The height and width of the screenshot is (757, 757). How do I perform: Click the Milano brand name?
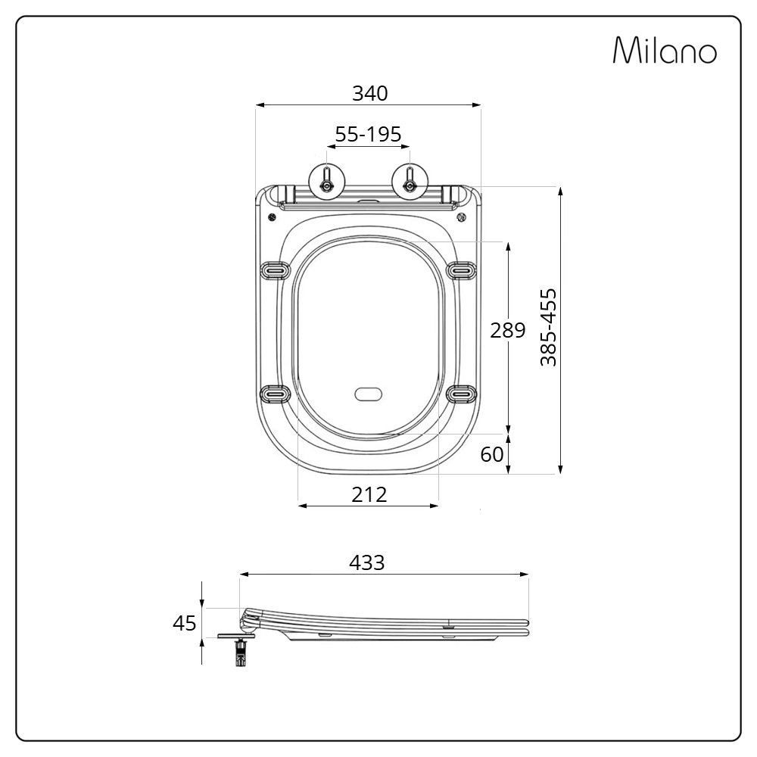[x=665, y=50]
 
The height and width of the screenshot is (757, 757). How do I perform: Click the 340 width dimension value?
[x=370, y=93]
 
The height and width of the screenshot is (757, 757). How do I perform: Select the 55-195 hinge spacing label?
[x=368, y=134]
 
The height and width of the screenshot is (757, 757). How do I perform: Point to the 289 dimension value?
[x=507, y=330]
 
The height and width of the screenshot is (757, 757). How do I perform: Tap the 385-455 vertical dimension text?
[x=548, y=328]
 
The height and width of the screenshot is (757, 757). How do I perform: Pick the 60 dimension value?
[x=492, y=454]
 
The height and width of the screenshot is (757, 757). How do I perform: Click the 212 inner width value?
[x=369, y=495]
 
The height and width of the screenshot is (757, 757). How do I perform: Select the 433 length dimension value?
[x=367, y=562]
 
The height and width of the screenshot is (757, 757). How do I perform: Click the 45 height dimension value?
[x=185, y=623]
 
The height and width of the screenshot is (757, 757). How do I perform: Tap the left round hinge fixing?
[x=327, y=182]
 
